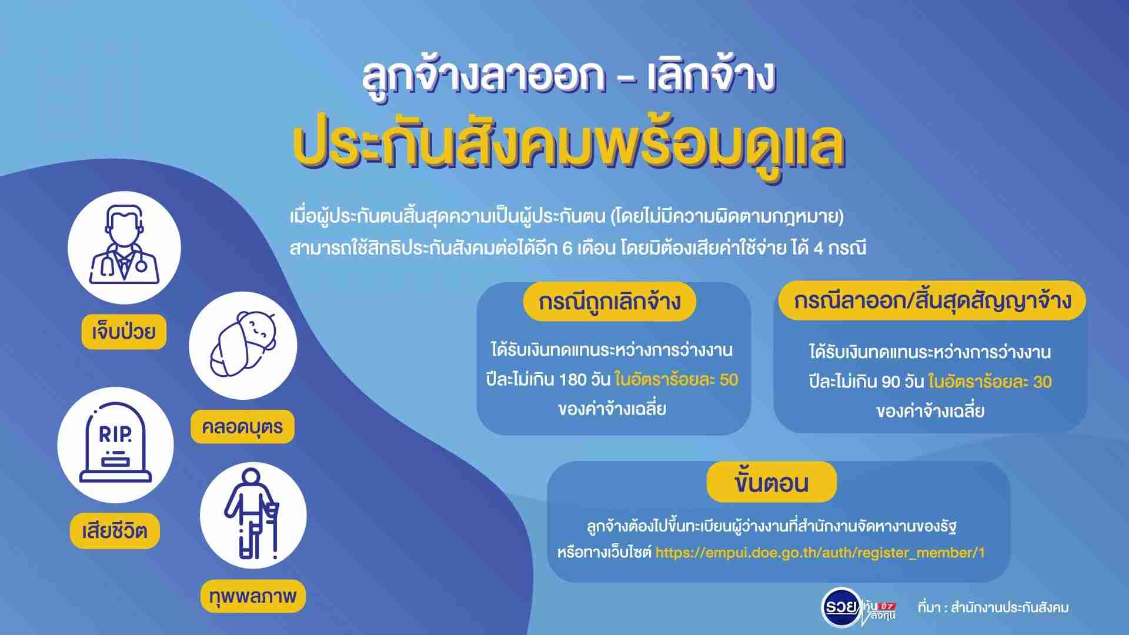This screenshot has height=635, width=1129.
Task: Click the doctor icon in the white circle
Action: click(124, 245)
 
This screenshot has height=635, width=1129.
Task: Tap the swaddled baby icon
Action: click(243, 344)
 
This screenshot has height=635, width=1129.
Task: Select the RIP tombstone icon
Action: click(115, 444)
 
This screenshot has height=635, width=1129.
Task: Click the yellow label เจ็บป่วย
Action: click(124, 332)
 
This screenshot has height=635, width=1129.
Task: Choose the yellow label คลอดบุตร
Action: click(242, 426)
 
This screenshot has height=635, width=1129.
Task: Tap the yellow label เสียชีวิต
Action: click(115, 532)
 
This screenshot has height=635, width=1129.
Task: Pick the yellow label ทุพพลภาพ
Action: click(253, 596)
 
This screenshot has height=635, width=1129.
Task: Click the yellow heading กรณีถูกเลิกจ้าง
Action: click(610, 302)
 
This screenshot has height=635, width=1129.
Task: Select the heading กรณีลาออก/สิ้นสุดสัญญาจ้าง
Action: click(932, 300)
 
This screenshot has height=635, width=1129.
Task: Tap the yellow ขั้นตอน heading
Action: click(771, 483)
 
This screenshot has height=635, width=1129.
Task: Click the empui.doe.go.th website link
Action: click(820, 553)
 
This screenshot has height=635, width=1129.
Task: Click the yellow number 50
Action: click(729, 380)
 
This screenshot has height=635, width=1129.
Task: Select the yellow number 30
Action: click(1042, 382)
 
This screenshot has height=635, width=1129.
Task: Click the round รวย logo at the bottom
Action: click(841, 606)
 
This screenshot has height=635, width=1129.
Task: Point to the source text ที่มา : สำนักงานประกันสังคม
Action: click(993, 607)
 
